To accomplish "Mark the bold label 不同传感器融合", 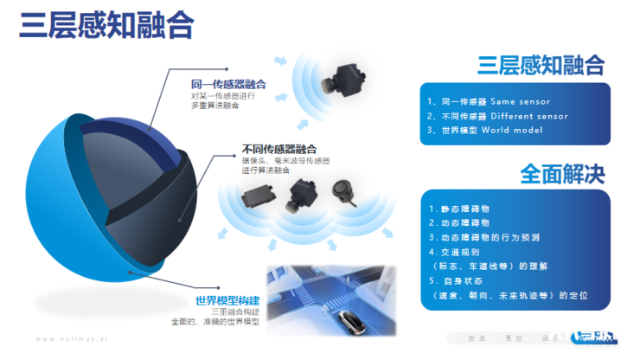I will pyautogui.click(x=279, y=149).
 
